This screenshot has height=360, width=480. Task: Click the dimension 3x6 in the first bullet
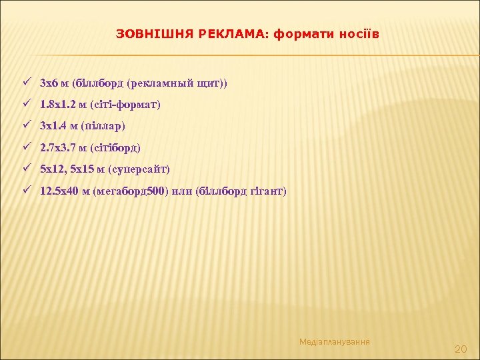click(x=49, y=83)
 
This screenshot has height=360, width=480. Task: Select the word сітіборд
click(x=116, y=148)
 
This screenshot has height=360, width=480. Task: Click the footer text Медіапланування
click(x=335, y=342)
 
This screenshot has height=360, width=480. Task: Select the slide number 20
click(x=460, y=349)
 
